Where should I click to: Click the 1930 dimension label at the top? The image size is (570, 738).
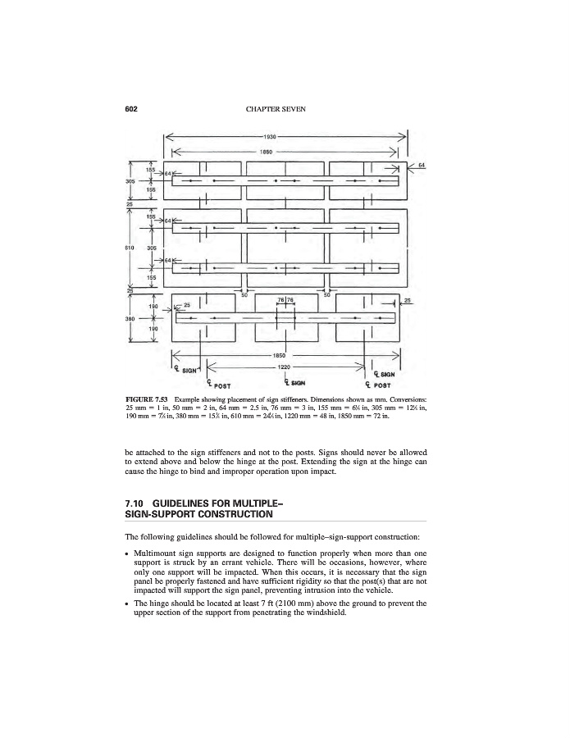pyautogui.click(x=284, y=136)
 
